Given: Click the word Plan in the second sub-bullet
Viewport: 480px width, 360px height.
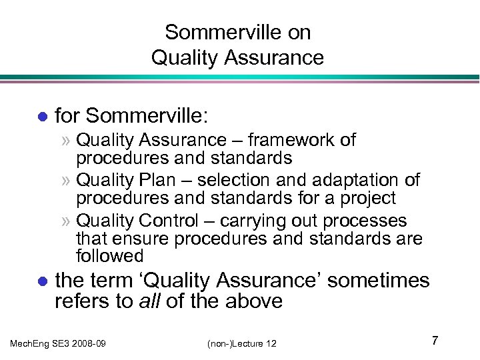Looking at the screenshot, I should pyautogui.click(x=150, y=180).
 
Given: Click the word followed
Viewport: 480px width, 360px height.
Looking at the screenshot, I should pyautogui.click(x=110, y=256).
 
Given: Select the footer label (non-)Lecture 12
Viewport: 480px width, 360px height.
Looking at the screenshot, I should pyautogui.click(x=241, y=343).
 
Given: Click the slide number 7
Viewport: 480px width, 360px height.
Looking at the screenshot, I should pyautogui.click(x=434, y=341).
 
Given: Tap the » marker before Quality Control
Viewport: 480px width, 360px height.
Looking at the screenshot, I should pyautogui.click(x=67, y=221).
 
